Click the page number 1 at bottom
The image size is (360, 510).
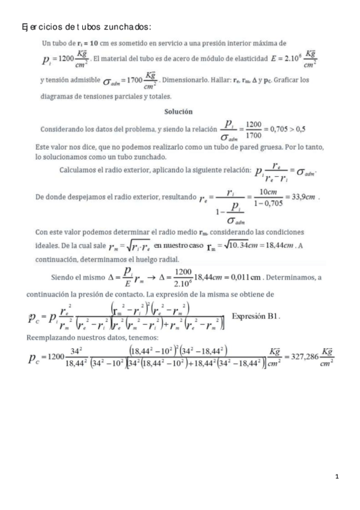tap(337, 477)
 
